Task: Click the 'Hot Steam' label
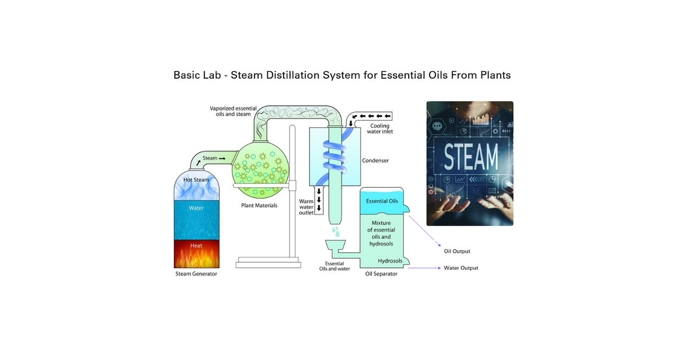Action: coord(196,180)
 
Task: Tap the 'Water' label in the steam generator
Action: coord(196,208)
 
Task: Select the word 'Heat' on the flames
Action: coord(196,245)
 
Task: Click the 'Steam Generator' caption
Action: coord(196,274)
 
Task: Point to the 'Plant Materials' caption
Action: coord(259,206)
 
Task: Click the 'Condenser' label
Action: coord(375,160)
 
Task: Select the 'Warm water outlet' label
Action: coord(306,207)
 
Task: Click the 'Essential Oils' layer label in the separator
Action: coord(382,201)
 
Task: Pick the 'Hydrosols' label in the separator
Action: coord(390,261)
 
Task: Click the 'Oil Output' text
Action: coord(457,251)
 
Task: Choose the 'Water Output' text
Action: coord(461,268)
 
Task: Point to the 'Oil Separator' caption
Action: coord(381,274)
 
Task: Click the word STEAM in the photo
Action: coord(470,158)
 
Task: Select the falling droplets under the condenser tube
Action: coord(336,231)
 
